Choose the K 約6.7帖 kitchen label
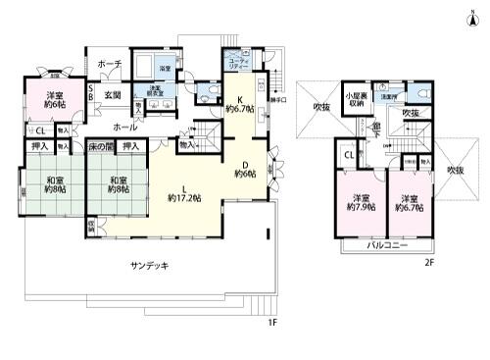coord(238,104)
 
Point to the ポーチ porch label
coord(109,64)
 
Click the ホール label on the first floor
coord(124,128)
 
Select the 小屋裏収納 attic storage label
coord(354,100)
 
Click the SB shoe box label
coord(90,93)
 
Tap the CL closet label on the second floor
coord(349,154)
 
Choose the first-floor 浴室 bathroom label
coord(166,69)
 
